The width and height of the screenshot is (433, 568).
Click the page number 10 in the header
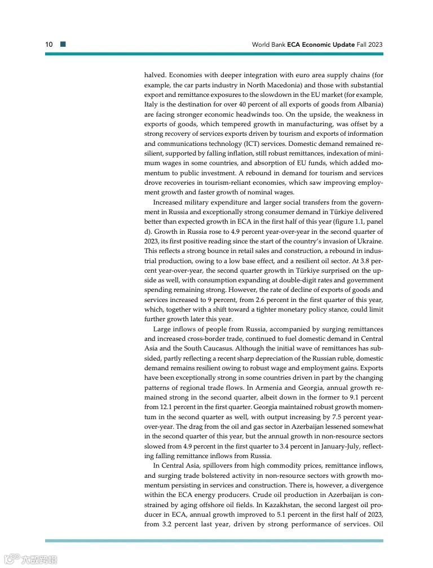pos(49,44)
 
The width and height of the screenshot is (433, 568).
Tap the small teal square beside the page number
pos(63,44)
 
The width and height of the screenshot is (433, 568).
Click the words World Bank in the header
pos(268,44)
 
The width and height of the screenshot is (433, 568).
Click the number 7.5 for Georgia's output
pos(336,417)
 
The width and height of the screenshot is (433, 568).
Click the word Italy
pos(153,105)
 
